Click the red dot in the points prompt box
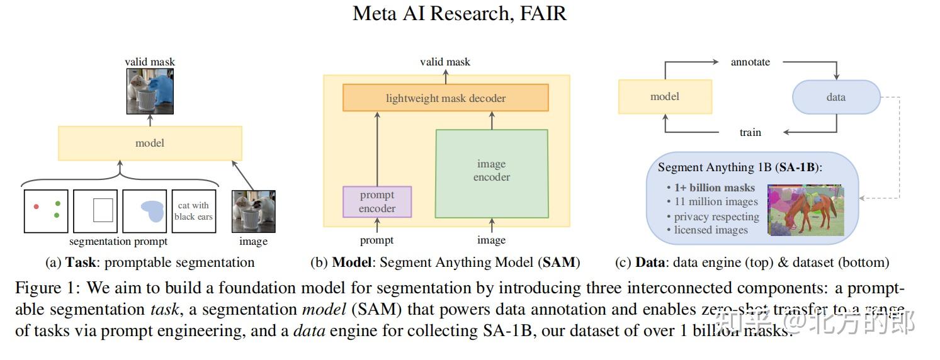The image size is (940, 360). click(37, 206)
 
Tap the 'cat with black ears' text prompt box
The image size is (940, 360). click(193, 211)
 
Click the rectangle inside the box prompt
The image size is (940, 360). click(103, 210)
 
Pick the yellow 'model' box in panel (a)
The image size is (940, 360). click(150, 143)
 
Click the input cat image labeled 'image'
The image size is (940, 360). click(254, 211)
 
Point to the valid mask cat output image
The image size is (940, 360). click(150, 91)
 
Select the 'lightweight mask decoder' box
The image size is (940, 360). click(445, 98)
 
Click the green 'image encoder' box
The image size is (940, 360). click(492, 171)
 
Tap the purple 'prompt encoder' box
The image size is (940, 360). click(377, 202)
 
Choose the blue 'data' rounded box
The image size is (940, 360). click(835, 97)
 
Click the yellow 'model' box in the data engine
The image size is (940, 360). click(665, 96)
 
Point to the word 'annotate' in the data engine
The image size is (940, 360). click(750, 62)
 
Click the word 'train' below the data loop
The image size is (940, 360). click(750, 132)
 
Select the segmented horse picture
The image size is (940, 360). click(805, 210)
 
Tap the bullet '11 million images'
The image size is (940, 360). click(715, 202)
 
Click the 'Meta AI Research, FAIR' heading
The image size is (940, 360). click(460, 14)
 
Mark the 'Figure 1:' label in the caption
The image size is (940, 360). click(48, 289)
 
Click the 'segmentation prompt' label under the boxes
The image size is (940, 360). click(118, 242)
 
